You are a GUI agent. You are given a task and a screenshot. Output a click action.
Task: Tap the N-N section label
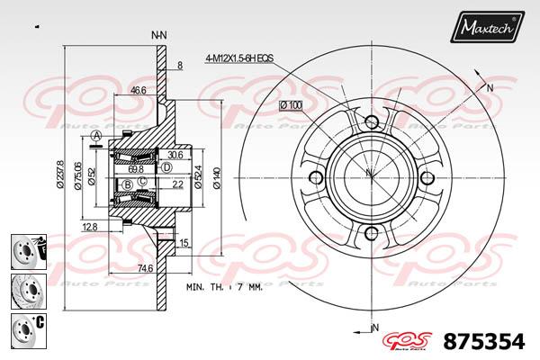[159, 34]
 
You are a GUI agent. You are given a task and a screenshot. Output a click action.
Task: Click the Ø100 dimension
[291, 105]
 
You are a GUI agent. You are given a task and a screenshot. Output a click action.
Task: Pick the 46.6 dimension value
[139, 90]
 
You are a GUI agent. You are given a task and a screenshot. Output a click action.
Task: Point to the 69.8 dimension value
[136, 168]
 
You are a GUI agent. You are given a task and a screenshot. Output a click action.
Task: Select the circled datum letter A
[95, 136]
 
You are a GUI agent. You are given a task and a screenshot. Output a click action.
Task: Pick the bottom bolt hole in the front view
[371, 233]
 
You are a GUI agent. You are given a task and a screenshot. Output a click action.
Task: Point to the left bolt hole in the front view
[315, 177]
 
